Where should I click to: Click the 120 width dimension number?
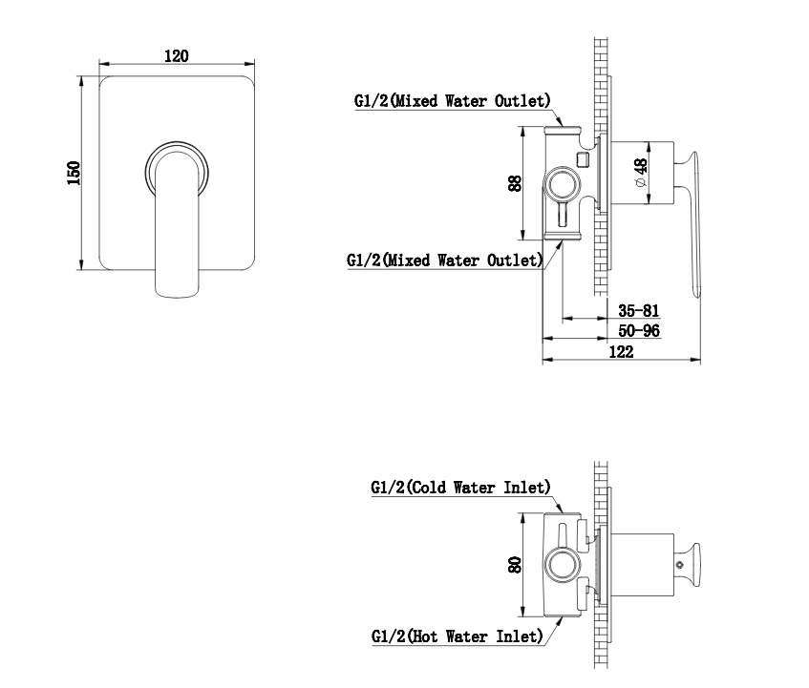177,55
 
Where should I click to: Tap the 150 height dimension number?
74,173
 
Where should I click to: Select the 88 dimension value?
515,183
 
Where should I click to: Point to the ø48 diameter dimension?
640,173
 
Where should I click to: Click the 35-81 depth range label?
639,310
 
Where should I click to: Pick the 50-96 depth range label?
639,330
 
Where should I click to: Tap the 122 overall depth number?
621,351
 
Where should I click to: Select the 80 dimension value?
515,565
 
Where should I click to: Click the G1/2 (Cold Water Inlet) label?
460,487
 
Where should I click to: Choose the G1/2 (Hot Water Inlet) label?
458,636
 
